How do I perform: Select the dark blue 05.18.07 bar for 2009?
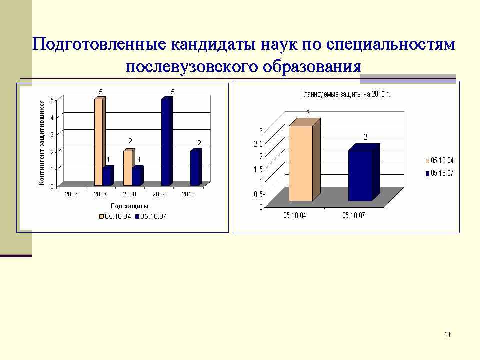[x=167, y=141]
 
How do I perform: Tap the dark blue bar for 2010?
[x=196, y=167]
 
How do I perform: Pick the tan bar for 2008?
[x=129, y=168]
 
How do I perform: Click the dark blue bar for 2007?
[x=108, y=176]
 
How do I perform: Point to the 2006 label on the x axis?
[x=71, y=194]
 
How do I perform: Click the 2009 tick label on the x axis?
[x=159, y=194]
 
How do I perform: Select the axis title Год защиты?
[x=130, y=206]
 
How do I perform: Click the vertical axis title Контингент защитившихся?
[x=42, y=143]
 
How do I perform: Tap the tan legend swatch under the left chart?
[x=101, y=217]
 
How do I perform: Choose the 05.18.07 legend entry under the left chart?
[x=151, y=216]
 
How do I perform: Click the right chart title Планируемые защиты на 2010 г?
[x=345, y=94]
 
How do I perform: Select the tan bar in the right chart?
[x=301, y=163]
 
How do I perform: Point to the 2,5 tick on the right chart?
[x=258, y=144]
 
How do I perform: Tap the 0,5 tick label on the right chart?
[x=258, y=194]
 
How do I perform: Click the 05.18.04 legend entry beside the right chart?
[x=439, y=161]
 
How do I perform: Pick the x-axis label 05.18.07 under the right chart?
[x=354, y=216]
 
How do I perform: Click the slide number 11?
[x=447, y=334]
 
